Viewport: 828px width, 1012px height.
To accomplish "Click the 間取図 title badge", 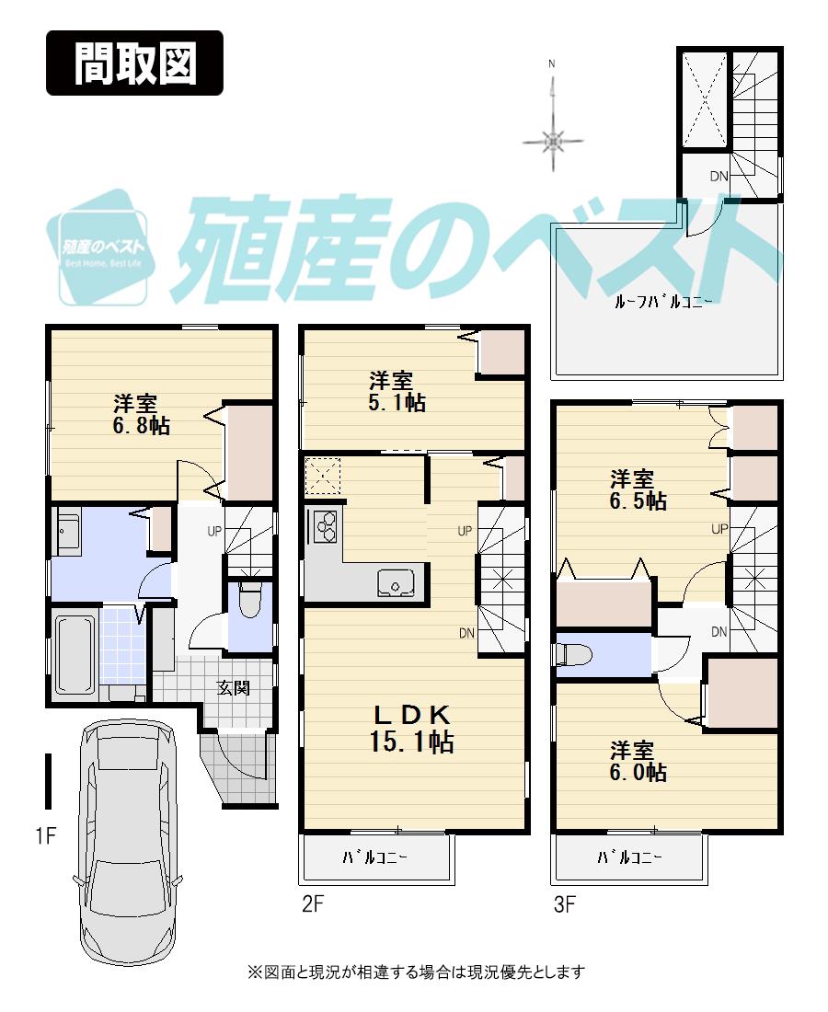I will click(134, 63).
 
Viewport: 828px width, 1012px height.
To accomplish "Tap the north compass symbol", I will click(552, 140).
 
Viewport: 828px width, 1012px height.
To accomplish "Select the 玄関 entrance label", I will click(234, 687).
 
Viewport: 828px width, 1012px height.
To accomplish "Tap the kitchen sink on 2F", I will click(397, 582).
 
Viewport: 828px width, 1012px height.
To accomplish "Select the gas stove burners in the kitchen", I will click(326, 527).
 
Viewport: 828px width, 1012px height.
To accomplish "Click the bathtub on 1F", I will click(75, 653).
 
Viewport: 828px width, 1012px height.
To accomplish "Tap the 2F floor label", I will click(313, 904).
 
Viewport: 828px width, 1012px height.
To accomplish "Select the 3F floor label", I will click(564, 904).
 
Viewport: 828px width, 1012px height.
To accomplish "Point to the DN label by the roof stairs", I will click(719, 177).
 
